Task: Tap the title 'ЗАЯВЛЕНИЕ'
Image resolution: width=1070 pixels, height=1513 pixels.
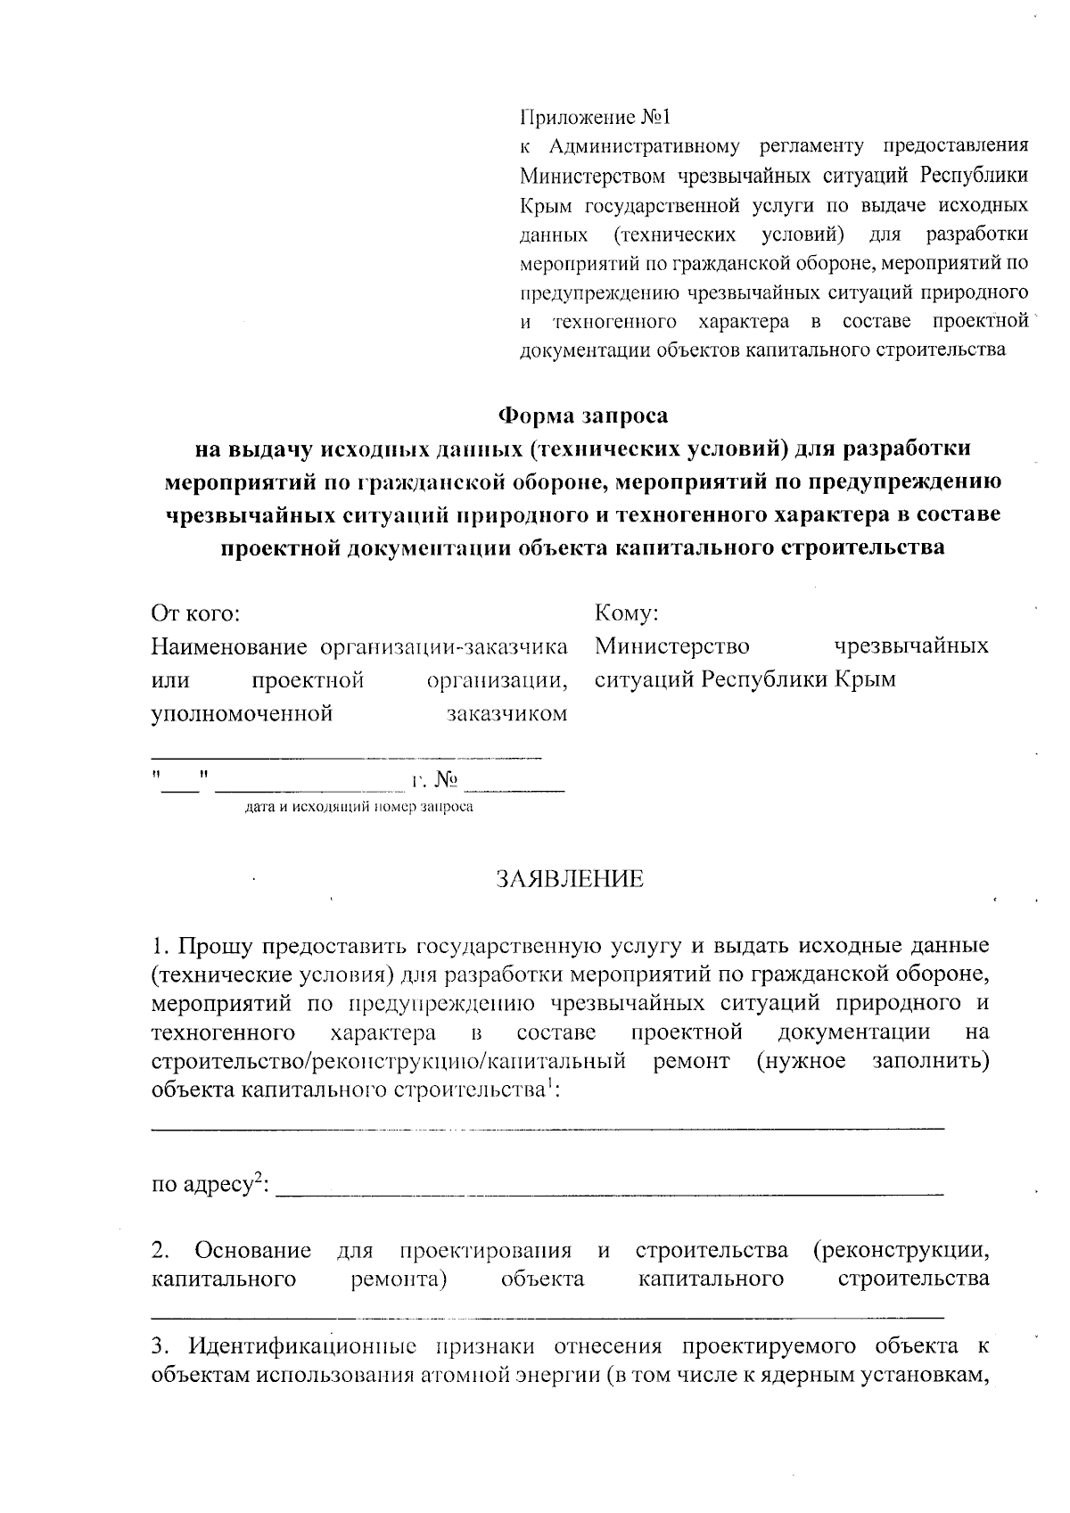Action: (570, 879)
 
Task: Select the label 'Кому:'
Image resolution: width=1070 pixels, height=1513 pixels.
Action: (626, 614)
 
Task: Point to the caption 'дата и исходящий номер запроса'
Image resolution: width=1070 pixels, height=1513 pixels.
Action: (358, 808)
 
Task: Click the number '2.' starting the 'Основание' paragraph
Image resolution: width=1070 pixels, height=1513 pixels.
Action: (160, 1251)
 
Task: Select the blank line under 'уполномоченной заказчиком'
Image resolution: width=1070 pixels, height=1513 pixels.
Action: (346, 756)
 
